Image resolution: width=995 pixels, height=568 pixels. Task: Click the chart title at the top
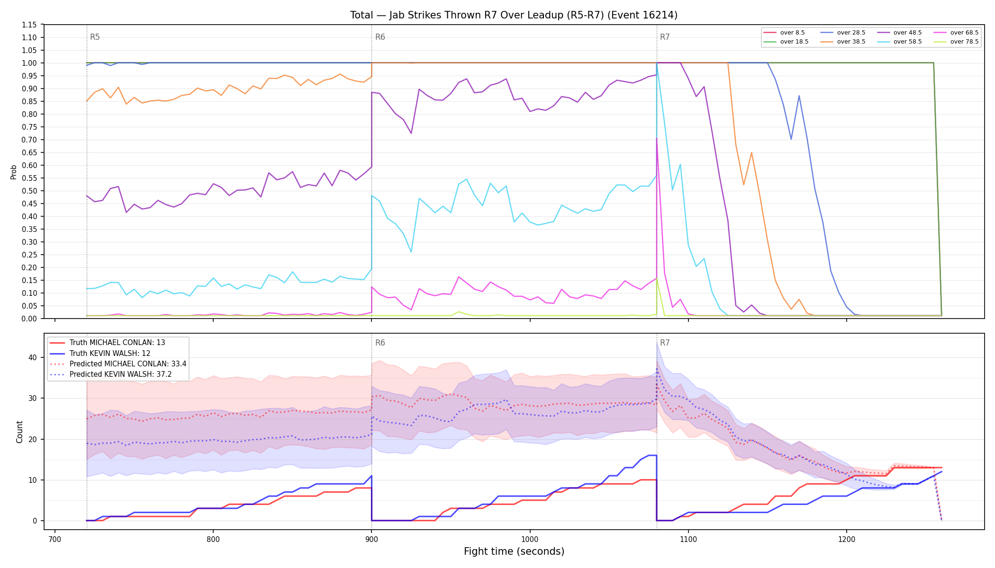(514, 15)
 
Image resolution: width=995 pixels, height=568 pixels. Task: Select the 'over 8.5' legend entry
(784, 33)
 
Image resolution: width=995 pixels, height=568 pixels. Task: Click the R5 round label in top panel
(95, 37)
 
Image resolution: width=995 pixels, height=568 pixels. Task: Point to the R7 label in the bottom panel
(665, 343)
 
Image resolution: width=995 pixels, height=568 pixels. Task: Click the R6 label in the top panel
(380, 37)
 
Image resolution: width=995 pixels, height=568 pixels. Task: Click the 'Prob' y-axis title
(14, 172)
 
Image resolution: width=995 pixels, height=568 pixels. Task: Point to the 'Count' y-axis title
(19, 432)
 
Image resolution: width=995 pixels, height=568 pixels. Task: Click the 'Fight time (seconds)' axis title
(514, 551)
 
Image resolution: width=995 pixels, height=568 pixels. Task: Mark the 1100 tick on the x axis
(688, 539)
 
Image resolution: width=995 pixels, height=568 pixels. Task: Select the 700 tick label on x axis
(54, 539)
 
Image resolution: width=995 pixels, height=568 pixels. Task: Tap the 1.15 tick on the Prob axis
(30, 25)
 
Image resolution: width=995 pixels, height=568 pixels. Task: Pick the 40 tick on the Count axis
(33, 357)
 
